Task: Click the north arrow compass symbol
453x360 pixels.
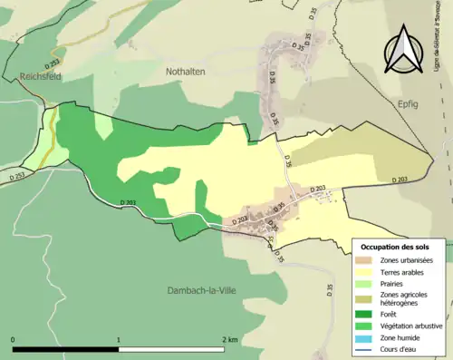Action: tap(404, 50)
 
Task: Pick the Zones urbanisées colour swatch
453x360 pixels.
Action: tap(366, 261)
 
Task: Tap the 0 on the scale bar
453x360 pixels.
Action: tap(14, 340)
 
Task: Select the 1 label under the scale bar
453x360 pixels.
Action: tap(119, 340)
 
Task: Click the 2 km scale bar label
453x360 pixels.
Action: tap(229, 340)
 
